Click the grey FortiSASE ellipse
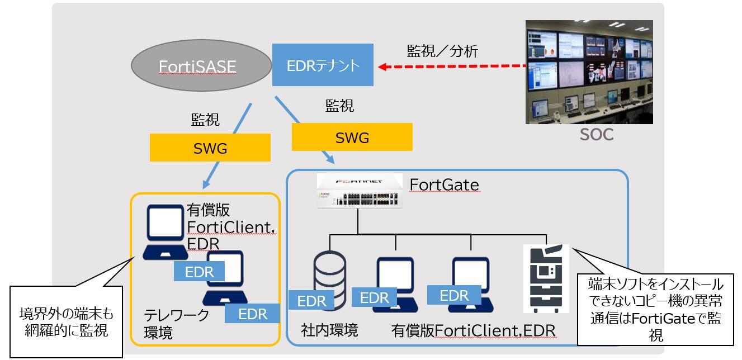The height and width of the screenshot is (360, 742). pyautogui.click(x=197, y=67)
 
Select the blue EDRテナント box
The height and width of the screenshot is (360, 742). pyautogui.click(x=323, y=65)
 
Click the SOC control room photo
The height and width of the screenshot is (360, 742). pyautogui.click(x=589, y=72)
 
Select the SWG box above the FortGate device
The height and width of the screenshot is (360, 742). pyautogui.click(x=352, y=137)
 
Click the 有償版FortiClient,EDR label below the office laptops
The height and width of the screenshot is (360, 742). pyautogui.click(x=473, y=331)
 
